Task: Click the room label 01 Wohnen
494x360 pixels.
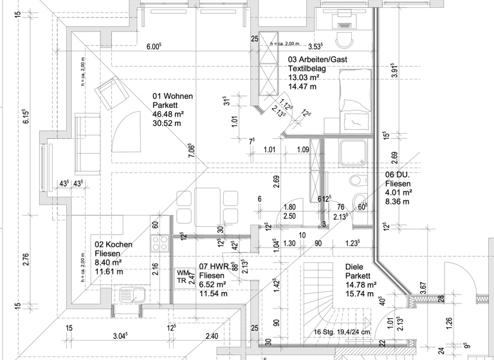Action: click(172, 96)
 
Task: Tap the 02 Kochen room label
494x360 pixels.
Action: click(114, 245)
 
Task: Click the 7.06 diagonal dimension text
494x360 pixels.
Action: click(191, 150)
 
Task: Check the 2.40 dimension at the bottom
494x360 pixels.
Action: click(212, 336)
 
